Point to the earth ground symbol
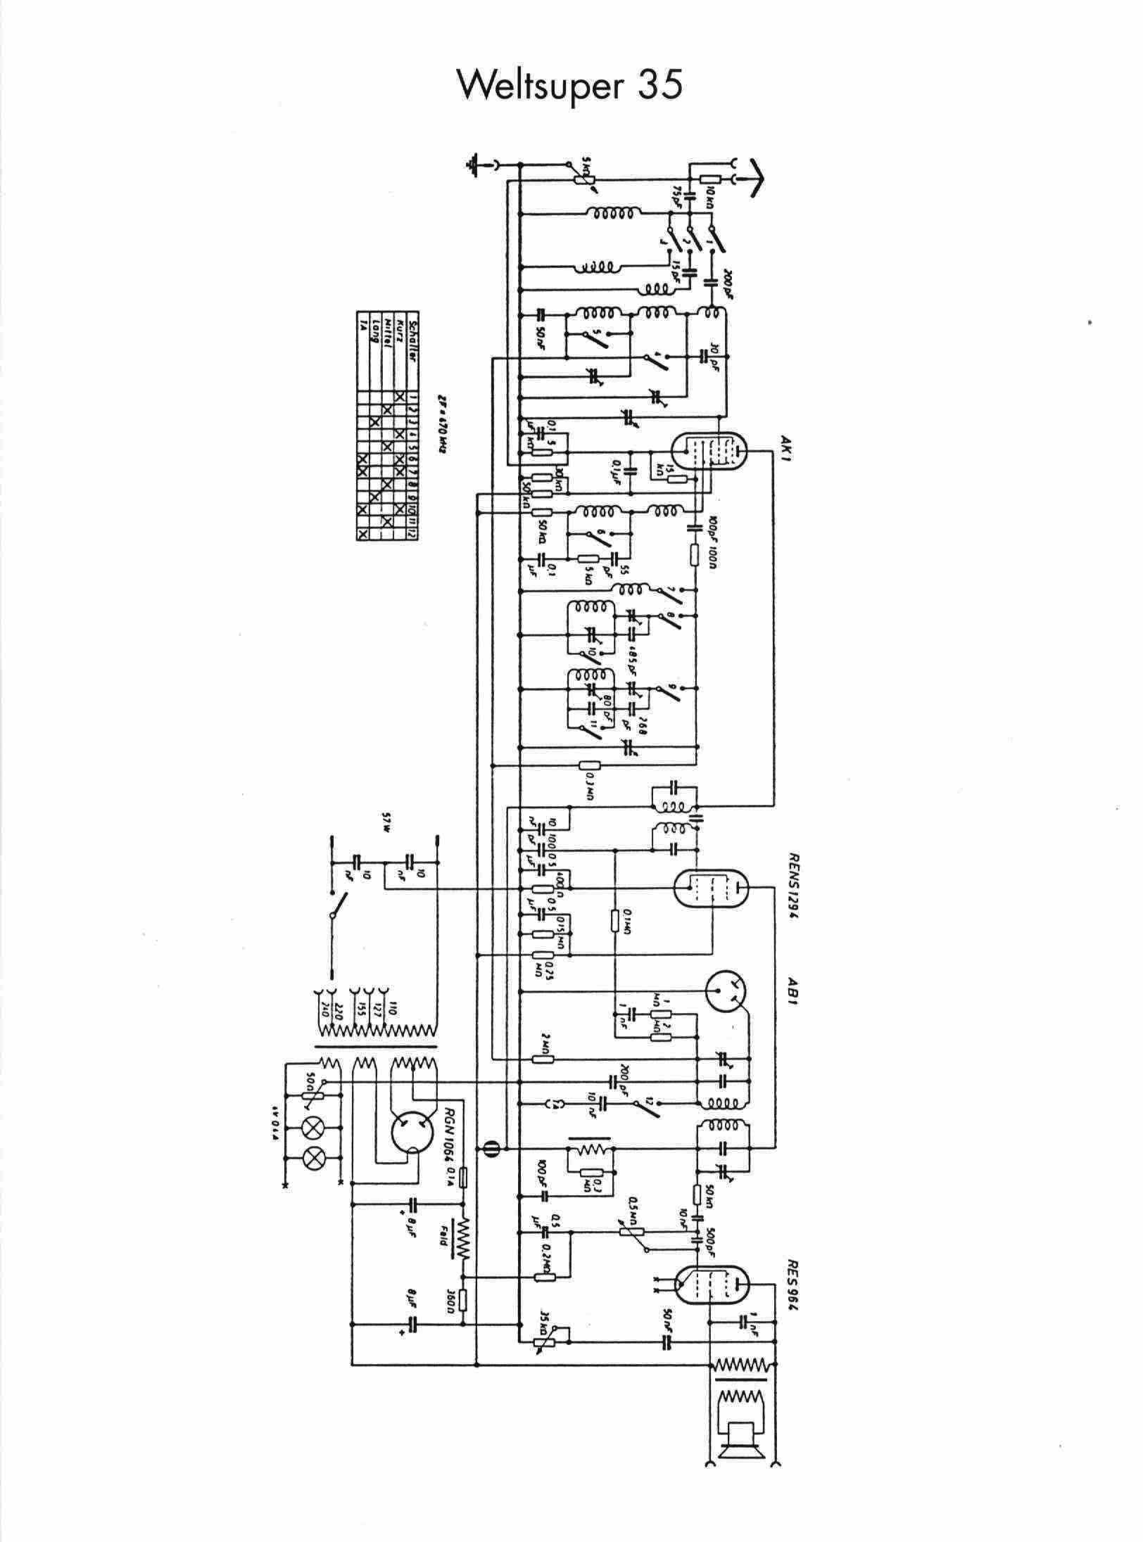click(474, 164)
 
